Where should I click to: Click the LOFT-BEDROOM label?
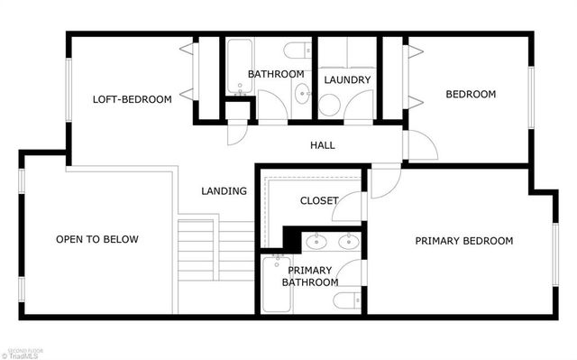[x=133, y=99]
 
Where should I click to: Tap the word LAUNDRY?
[x=347, y=80]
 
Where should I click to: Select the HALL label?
[x=323, y=145]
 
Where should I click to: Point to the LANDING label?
[x=224, y=190]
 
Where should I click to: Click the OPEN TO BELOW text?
[x=97, y=239]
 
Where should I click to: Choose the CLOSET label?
[x=319, y=201]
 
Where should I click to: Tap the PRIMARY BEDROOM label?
[x=463, y=241]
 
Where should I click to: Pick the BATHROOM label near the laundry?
[x=276, y=74]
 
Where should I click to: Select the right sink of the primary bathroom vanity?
[x=348, y=241]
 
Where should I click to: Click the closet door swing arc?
[x=352, y=202]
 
